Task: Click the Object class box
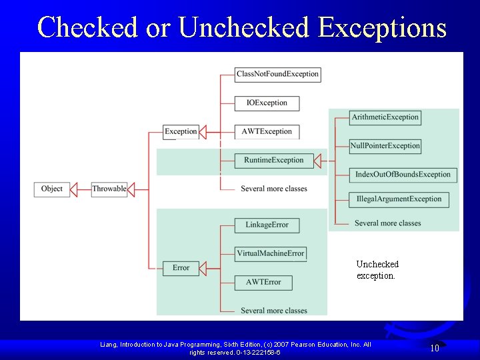click(x=51, y=189)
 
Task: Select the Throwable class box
click(x=109, y=189)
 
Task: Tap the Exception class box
click(x=181, y=131)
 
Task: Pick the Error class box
click(x=181, y=268)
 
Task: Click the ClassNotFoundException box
click(x=277, y=74)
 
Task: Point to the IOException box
click(x=267, y=103)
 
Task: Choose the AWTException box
click(x=267, y=131)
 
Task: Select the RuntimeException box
click(x=273, y=160)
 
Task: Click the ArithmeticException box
click(x=385, y=117)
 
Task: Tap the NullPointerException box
click(x=385, y=146)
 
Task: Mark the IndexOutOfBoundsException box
click(x=403, y=175)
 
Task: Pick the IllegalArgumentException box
click(x=399, y=199)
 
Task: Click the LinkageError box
click(x=267, y=225)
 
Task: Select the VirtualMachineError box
click(x=271, y=253)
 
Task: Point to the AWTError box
click(x=263, y=282)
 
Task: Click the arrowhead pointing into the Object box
click(x=74, y=189)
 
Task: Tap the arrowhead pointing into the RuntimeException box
click(x=317, y=160)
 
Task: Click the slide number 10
click(x=434, y=348)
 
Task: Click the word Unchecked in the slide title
click(x=245, y=27)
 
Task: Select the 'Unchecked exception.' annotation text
click(x=377, y=270)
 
